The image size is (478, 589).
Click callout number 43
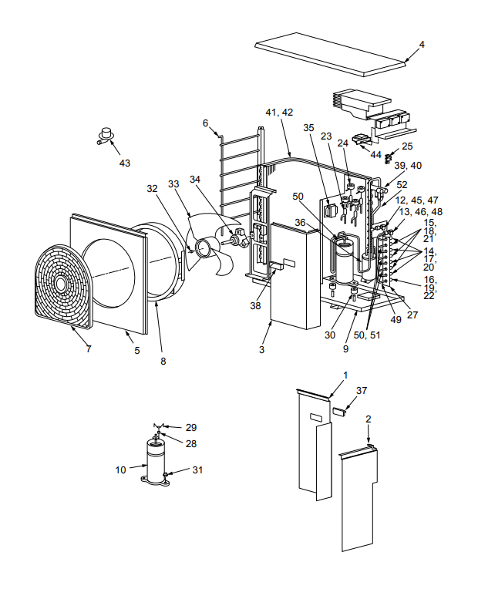point(125,163)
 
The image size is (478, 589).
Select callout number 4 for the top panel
point(422,44)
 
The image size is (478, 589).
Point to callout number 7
point(88,349)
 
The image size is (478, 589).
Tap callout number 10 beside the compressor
point(121,468)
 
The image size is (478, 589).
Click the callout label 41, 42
point(279,113)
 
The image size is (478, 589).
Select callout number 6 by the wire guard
point(206,123)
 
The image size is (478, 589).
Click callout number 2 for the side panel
point(369,419)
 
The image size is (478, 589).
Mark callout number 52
point(402,184)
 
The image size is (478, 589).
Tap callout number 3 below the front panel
point(262,349)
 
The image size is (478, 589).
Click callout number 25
point(407,146)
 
